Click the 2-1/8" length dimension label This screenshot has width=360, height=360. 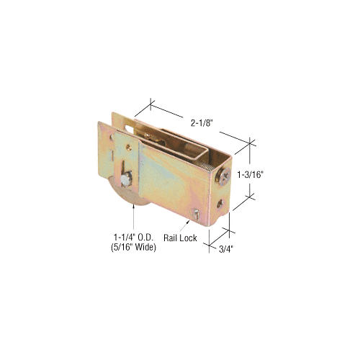[x=202, y=123]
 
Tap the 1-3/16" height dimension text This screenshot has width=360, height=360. [x=249, y=175]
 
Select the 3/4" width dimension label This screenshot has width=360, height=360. [x=226, y=249]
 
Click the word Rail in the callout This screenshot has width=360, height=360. [x=170, y=238]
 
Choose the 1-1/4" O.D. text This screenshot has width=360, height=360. [x=133, y=238]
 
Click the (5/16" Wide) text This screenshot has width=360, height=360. [x=133, y=247]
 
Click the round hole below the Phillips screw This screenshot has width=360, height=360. [x=220, y=204]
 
